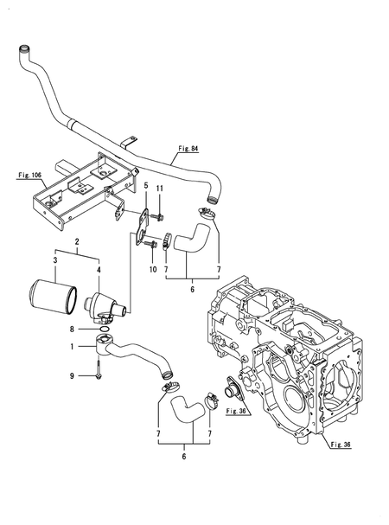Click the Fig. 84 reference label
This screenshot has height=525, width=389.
coord(188,148)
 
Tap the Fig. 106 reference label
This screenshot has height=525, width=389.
coord(29,175)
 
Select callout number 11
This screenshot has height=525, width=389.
coord(160,189)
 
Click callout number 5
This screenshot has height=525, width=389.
coord(146,185)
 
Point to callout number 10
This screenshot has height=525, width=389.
coord(153,269)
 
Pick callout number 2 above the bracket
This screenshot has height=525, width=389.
coord(77,241)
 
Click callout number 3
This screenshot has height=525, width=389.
coord(55,259)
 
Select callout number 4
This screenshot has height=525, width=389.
coord(99,269)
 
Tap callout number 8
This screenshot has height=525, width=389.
coord(72,330)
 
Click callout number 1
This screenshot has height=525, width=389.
coord(72,347)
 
